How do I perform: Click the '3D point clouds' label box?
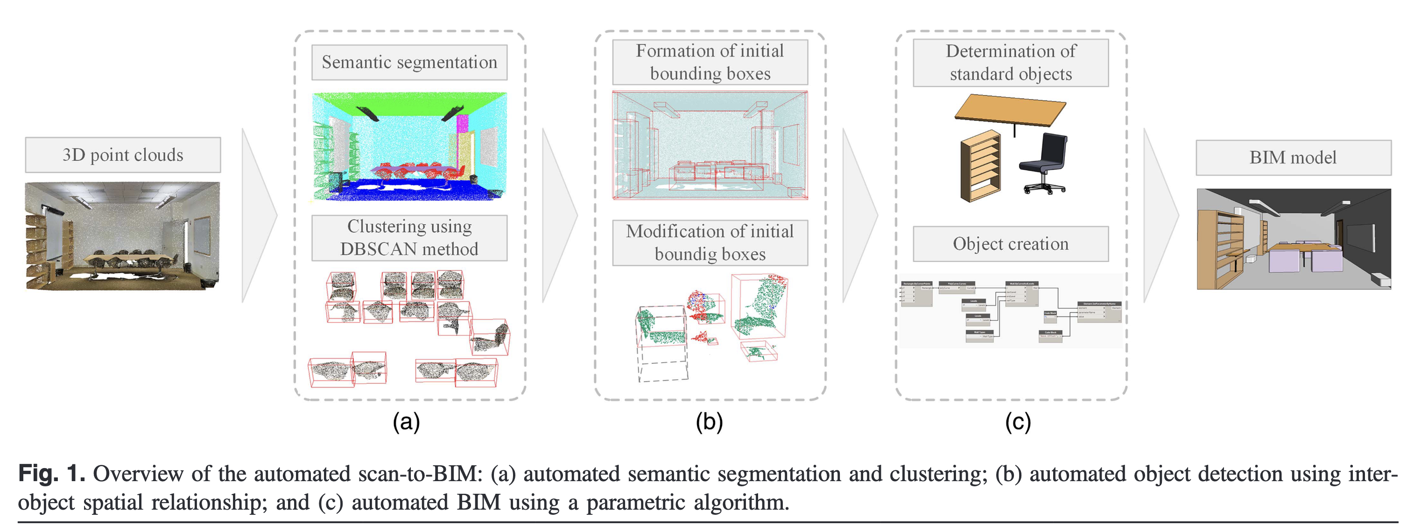(122, 155)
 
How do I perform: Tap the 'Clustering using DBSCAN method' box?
(409, 238)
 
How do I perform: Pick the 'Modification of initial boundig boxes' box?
(710, 243)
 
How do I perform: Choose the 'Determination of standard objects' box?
(1011, 63)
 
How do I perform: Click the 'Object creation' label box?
(1011, 244)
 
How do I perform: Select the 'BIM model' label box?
(1293, 158)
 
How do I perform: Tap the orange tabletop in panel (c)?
(1009, 110)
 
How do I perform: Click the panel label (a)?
(407, 422)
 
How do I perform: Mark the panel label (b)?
(709, 422)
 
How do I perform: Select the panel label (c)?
(1018, 422)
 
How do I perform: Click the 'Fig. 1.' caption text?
(51, 474)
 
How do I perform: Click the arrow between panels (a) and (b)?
(558, 215)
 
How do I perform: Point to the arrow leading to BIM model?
(1160, 215)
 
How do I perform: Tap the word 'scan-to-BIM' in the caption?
(420, 474)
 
